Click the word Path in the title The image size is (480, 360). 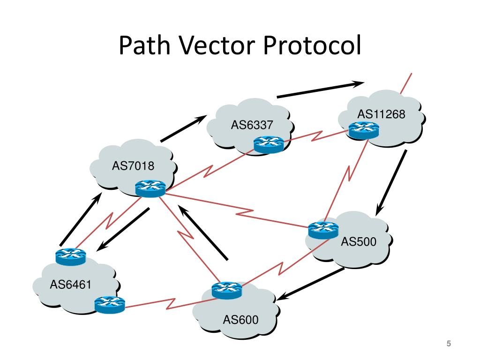coord(143,47)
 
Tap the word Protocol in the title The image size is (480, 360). coord(311,47)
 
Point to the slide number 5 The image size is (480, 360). coord(448,345)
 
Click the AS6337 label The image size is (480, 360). coord(252,125)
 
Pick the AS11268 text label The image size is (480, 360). coord(381,114)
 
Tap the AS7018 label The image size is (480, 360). coord(133,166)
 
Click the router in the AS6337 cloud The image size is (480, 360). coord(269,145)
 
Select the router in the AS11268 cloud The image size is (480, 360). coord(363,130)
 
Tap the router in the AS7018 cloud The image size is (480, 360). coord(150,188)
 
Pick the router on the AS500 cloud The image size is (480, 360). coord(323,230)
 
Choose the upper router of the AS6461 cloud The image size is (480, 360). coord(71,256)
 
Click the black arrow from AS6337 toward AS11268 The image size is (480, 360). coord(321,90)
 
